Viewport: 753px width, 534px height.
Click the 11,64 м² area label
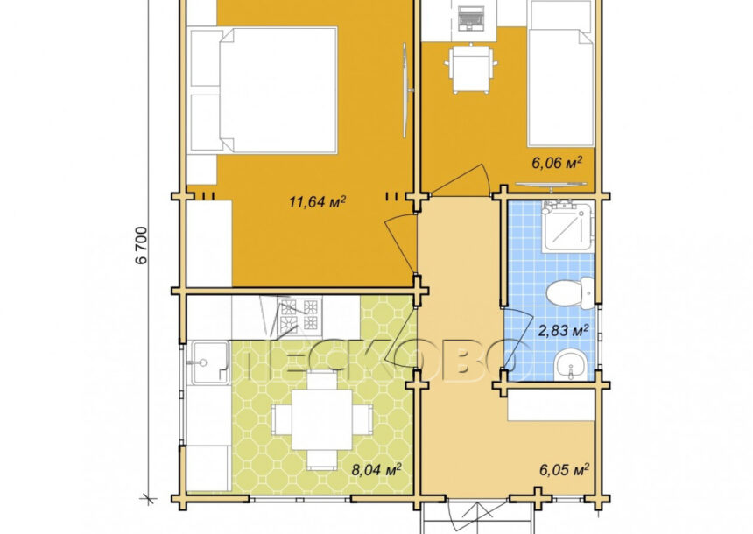point(317,201)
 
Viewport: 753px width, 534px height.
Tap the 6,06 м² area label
point(557,163)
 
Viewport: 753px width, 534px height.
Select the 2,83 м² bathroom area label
point(563,330)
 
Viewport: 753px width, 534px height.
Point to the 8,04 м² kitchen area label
point(376,469)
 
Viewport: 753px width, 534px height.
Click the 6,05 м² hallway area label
point(564,469)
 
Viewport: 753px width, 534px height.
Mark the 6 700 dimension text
point(142,245)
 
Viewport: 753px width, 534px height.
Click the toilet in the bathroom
point(571,292)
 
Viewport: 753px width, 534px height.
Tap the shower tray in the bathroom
point(567,226)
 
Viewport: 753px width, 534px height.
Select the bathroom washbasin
point(570,363)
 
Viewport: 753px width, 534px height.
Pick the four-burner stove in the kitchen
point(299,314)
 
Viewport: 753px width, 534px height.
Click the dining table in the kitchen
point(321,418)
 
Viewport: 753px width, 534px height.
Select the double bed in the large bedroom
point(264,90)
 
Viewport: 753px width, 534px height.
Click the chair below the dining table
point(322,460)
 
